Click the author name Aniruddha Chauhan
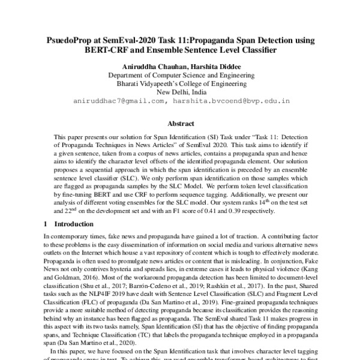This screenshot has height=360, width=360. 139,65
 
